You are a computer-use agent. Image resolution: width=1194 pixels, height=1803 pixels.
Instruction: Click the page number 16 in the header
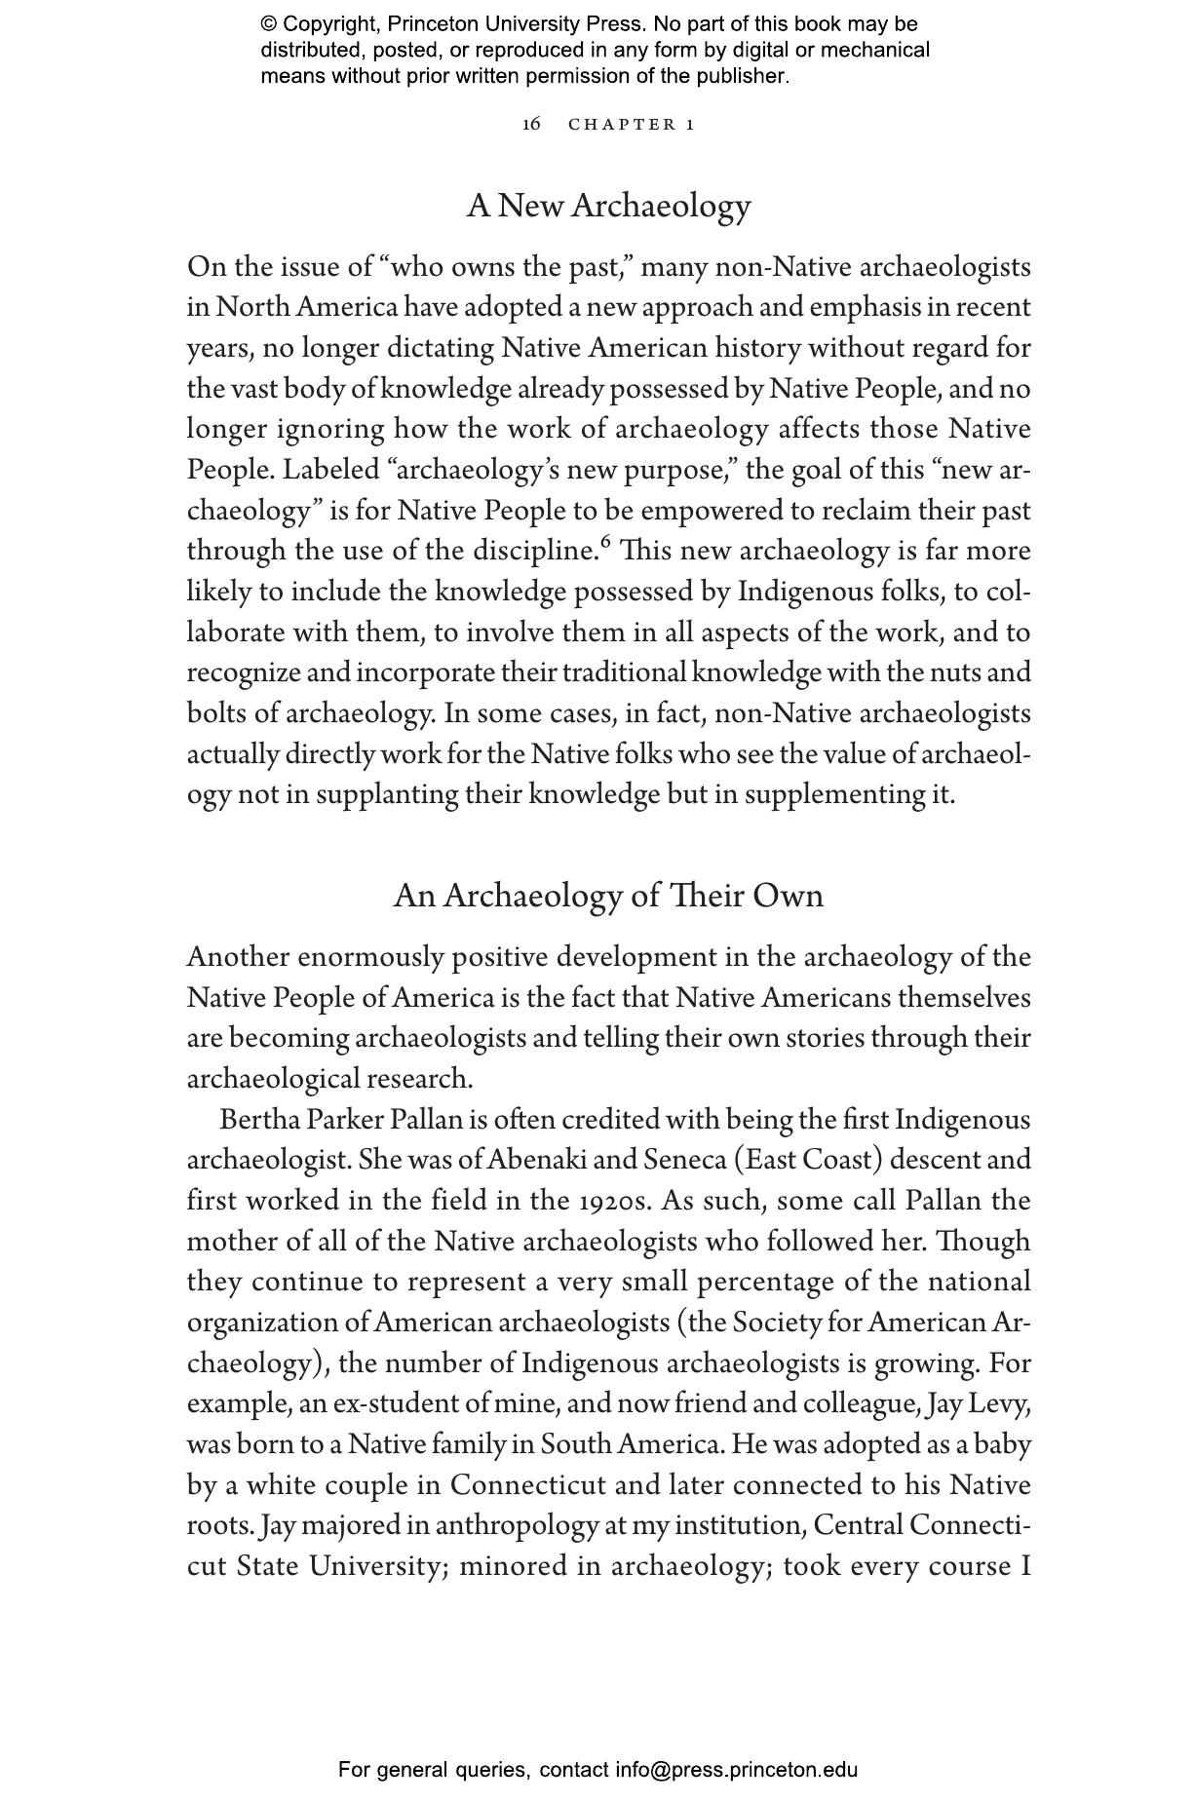531,124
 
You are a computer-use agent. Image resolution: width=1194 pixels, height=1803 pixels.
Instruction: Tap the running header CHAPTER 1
632,125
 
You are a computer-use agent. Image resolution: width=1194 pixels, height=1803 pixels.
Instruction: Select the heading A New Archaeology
608,206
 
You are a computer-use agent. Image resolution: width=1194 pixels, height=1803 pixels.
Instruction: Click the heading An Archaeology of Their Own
608,896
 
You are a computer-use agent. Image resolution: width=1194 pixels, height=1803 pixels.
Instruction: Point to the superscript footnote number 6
605,543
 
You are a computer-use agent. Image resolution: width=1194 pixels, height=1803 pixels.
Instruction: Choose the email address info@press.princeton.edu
736,1770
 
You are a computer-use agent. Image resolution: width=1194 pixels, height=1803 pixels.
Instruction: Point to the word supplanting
387,794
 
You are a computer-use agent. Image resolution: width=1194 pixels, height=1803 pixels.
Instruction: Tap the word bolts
216,713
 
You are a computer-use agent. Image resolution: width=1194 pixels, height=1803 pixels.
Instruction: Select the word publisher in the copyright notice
744,76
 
